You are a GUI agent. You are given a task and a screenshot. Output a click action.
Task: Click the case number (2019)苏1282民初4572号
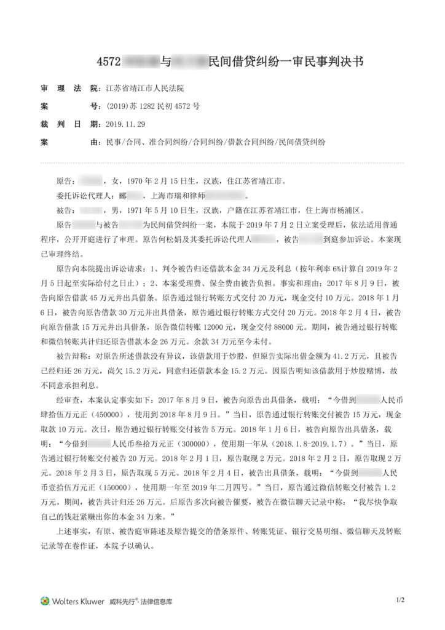pyautogui.click(x=153, y=106)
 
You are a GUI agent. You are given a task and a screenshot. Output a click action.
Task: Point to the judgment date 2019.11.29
pyautogui.click(x=128, y=124)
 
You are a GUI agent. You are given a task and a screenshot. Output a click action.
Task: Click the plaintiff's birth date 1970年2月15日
pyautogui.click(x=153, y=183)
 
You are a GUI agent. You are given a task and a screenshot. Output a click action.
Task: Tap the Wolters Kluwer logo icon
pyautogui.click(x=45, y=600)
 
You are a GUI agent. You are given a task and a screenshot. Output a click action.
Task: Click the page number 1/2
pyautogui.click(x=400, y=599)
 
